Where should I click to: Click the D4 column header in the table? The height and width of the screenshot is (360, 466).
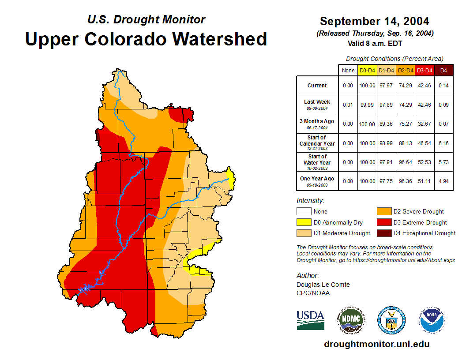(x=443, y=71)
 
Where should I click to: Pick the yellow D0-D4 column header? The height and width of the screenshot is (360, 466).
(x=367, y=71)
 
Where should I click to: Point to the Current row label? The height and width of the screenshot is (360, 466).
(x=317, y=86)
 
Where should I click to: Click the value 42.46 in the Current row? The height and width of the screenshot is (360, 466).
(x=425, y=86)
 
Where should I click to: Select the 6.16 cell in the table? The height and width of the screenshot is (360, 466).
(x=443, y=143)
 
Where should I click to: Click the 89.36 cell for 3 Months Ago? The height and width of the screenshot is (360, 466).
(x=387, y=124)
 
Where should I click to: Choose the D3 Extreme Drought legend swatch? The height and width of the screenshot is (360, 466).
(x=383, y=222)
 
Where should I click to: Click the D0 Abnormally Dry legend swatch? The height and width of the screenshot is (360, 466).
(x=304, y=222)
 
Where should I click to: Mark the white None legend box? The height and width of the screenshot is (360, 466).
(x=304, y=212)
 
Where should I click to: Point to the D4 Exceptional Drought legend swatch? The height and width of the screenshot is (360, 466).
(x=383, y=233)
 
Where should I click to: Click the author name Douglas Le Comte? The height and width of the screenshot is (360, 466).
(x=323, y=285)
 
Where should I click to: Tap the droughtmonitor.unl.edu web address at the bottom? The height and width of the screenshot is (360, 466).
(x=376, y=344)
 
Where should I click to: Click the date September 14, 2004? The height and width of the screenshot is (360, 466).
(x=375, y=21)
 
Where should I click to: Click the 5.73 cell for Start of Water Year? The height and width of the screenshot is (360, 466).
(x=443, y=162)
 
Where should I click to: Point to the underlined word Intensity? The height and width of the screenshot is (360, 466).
(x=310, y=201)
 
